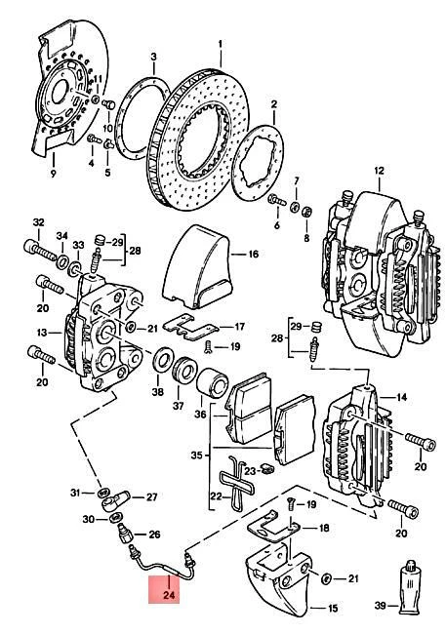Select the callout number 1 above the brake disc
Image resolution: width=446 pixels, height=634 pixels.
tap(221, 44)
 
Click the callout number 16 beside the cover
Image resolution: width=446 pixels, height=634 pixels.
tap(252, 255)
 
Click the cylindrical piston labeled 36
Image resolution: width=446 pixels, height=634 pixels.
tap(211, 389)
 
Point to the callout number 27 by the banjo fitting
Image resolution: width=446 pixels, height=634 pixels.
tap(151, 497)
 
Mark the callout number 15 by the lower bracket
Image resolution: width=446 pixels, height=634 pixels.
tap(331, 609)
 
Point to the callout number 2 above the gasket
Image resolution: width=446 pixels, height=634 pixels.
tap(275, 103)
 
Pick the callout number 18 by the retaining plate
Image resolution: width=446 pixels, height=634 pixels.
tap(323, 528)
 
